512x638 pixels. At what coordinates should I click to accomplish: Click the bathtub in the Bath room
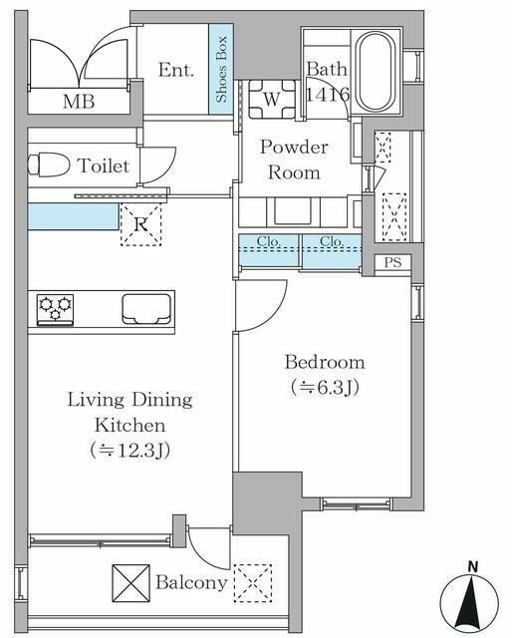tap(375, 72)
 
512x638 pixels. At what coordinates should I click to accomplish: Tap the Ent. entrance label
tap(175, 71)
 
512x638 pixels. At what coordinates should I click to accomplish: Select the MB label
tap(78, 101)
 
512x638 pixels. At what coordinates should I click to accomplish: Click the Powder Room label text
tap(293, 159)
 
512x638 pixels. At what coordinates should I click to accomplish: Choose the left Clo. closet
tap(269, 250)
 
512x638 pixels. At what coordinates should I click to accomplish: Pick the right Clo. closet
tap(331, 250)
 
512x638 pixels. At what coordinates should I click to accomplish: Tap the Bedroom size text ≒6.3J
tap(324, 386)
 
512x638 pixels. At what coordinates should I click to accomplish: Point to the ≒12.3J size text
tap(129, 450)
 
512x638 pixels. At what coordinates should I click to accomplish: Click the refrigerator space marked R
tap(140, 224)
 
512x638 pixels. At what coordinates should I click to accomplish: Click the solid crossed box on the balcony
tap(129, 583)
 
